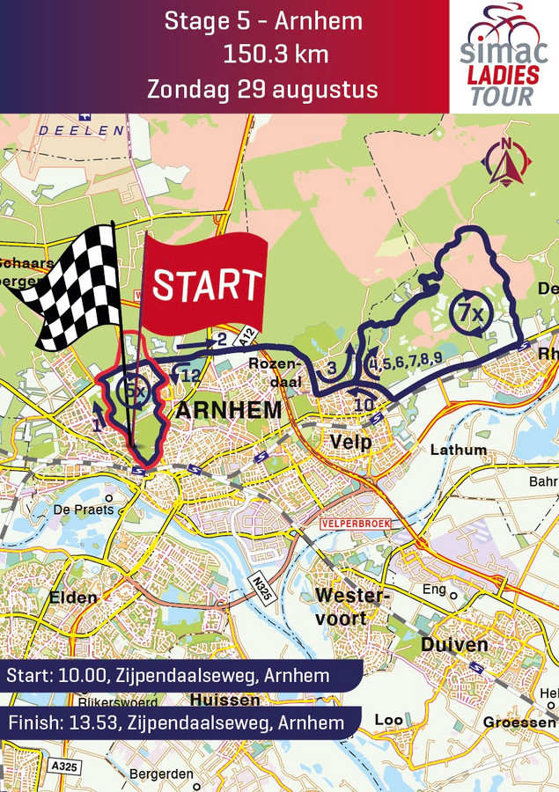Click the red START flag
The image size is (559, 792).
coord(207,282)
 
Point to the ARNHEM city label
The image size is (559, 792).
coord(229,411)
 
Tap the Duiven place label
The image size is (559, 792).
coord(455,645)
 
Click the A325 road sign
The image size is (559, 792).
coord(64,766)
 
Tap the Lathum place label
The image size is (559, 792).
coord(458,450)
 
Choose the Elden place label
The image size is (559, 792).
coord(74,598)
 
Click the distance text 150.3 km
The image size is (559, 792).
coord(276,55)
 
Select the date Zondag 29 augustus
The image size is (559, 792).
coord(262,90)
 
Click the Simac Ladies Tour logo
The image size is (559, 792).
coord(503,56)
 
